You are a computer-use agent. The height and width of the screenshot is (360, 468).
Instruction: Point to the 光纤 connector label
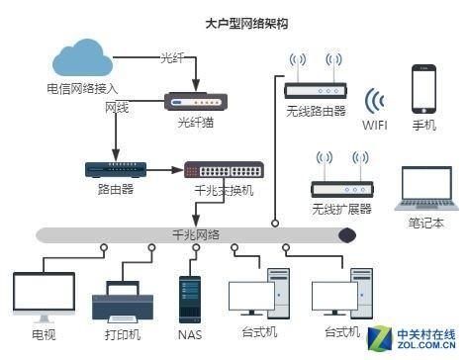point(172,57)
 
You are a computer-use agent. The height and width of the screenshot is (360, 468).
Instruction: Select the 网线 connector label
point(118,106)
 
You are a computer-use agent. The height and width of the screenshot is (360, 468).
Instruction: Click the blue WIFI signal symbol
point(374,104)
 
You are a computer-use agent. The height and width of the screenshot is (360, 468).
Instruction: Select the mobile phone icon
point(425,89)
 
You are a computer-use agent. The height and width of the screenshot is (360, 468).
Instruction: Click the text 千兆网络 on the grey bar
point(197,233)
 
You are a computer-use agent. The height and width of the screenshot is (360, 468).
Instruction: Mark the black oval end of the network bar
point(347,235)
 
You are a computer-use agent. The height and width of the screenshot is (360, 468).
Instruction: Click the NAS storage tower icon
point(189,298)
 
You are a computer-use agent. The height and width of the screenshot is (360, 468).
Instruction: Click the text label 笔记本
point(426,224)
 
